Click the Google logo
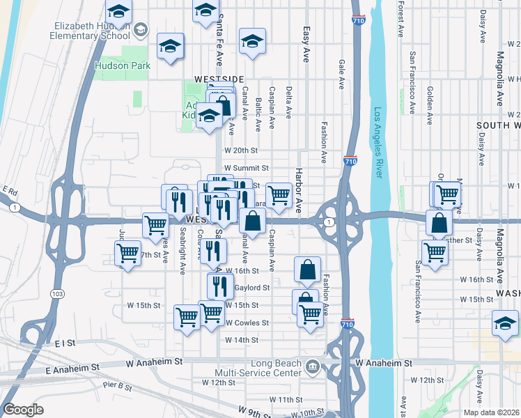[x=23, y=410]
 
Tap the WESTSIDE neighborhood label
[x=219, y=79]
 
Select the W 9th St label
[x=254, y=412]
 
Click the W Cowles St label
[x=247, y=323]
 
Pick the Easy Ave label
[x=306, y=45]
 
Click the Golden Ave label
[x=430, y=104]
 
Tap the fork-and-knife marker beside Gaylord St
[x=220, y=284]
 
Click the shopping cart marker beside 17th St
[x=128, y=254]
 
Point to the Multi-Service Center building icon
[x=313, y=365]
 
